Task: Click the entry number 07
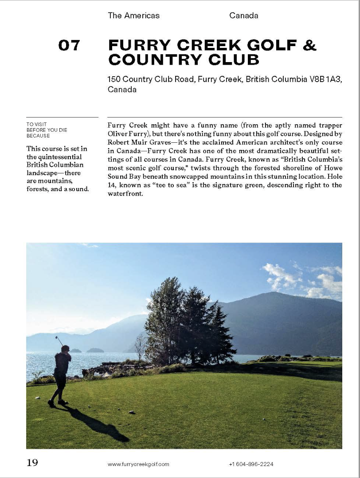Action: (x=69, y=45)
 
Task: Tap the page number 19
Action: (x=32, y=463)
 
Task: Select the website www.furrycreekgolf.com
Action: (x=138, y=464)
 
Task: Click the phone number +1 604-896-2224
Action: (x=251, y=464)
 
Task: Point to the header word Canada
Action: (x=243, y=16)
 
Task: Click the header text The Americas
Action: (x=133, y=16)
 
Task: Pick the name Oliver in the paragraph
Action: (x=117, y=133)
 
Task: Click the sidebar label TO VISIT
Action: (x=36, y=125)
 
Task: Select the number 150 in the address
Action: (x=114, y=79)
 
